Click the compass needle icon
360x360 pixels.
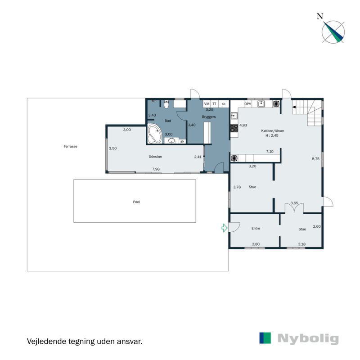coord(334,32)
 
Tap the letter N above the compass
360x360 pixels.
coord(319,16)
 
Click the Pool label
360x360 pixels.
coord(136,202)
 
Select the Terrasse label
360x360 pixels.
coord(70,146)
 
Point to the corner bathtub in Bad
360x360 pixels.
coord(155,134)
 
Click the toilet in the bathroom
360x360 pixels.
coord(166,104)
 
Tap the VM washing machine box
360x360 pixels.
coord(207,103)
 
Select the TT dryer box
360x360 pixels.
coord(215,103)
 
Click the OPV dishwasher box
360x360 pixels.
coord(247,103)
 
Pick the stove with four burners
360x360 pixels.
coord(234,128)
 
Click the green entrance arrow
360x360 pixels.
coord(224,228)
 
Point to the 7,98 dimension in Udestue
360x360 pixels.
coord(156,169)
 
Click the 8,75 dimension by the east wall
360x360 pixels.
coord(316,159)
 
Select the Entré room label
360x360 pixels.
coord(256,228)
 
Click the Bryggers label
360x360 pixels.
coord(209,117)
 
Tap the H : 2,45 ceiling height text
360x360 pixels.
coord(272,135)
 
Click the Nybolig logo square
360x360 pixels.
coord(265,338)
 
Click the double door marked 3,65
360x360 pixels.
coord(294,208)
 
